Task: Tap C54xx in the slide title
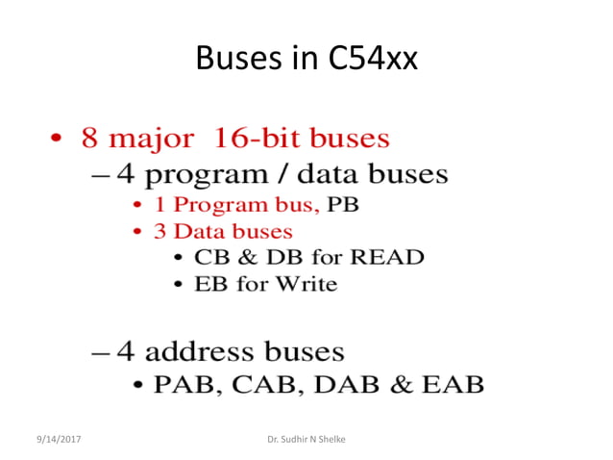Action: point(369,61)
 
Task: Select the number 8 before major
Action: point(90,139)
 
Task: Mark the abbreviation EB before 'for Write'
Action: point(211,284)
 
